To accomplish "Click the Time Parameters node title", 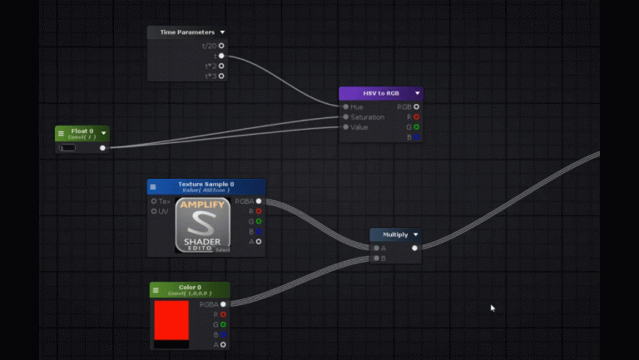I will click(x=187, y=32).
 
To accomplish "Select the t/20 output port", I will click(x=220, y=46).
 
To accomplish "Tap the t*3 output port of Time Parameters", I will click(x=220, y=76).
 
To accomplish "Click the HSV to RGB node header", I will click(x=381, y=93).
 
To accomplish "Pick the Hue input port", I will click(x=345, y=106).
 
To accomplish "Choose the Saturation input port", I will click(x=345, y=117).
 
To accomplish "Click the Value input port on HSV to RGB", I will click(x=345, y=127).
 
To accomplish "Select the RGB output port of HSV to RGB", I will click(x=417, y=106).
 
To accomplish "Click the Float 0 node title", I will click(x=82, y=131).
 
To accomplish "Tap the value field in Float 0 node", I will click(x=67, y=148).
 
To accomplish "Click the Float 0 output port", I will click(x=102, y=148).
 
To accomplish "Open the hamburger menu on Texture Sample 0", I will click(x=153, y=186).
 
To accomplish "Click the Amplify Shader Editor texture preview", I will click(x=203, y=225).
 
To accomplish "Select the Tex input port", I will click(x=154, y=201).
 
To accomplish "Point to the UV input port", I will click(x=154, y=211).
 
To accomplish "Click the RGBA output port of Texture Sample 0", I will click(x=259, y=201).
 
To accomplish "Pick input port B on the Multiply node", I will click(x=376, y=259).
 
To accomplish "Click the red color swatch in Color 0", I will click(x=171, y=320).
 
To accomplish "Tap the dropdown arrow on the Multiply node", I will click(x=415, y=234).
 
